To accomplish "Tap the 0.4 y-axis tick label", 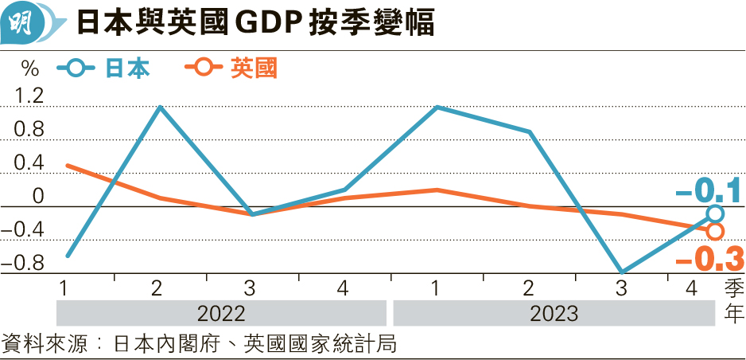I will pyautogui.click(x=28, y=164).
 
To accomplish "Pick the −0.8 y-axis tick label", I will pyautogui.click(x=22, y=264).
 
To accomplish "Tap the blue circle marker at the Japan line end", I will pyautogui.click(x=715, y=213).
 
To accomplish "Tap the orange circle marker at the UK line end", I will pyautogui.click(x=715, y=231).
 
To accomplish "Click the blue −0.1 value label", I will pyautogui.click(x=708, y=191).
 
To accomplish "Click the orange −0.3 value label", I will pyautogui.click(x=708, y=260).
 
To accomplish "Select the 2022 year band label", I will pyautogui.click(x=220, y=312).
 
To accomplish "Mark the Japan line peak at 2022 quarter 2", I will pyautogui.click(x=161, y=106).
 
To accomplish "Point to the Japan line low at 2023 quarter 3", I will pyautogui.click(x=622, y=272).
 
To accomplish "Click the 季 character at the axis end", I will pyautogui.click(x=732, y=288).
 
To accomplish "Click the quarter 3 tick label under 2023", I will pyautogui.click(x=622, y=288).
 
